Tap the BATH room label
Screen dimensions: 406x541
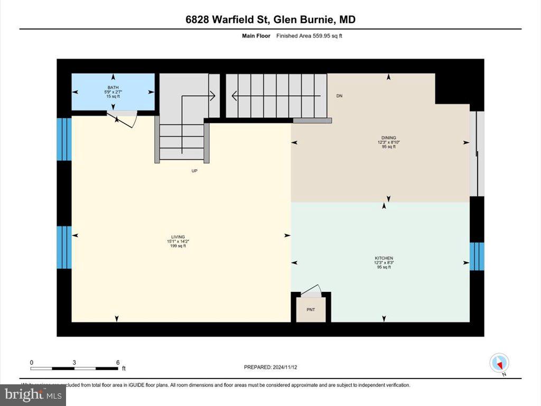coord(113,87)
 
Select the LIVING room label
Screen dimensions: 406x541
coord(177,237)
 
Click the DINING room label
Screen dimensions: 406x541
coord(388,138)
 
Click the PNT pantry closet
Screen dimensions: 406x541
coord(311,309)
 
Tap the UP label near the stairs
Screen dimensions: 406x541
coord(194,171)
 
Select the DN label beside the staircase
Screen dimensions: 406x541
coord(340,96)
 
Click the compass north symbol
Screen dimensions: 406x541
coord(499,363)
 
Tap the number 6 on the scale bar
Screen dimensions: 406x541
coord(117,362)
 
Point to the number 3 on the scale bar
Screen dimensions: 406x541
coord(74,362)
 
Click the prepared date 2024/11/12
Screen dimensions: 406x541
coord(274,367)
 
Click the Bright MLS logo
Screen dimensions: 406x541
coord(33,394)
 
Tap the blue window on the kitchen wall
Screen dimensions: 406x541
coord(477,256)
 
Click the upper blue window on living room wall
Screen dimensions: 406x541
coord(64,139)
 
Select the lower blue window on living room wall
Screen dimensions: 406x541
coord(64,247)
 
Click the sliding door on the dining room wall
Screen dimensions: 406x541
coord(477,153)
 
